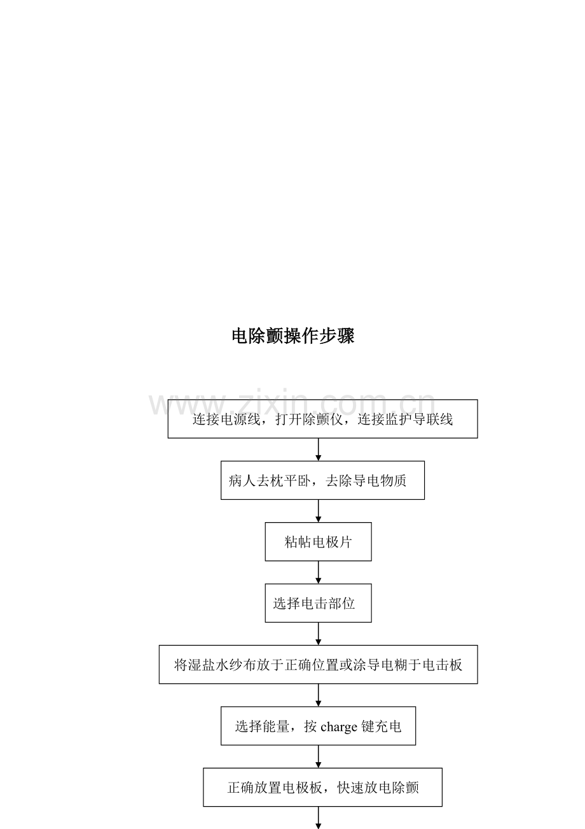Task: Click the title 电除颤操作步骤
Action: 293,336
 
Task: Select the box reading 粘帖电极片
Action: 318,542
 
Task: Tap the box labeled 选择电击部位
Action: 318,603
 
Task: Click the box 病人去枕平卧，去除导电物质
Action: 322,480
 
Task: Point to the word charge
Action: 339,727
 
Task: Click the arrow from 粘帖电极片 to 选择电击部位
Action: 318,572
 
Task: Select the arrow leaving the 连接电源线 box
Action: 318,450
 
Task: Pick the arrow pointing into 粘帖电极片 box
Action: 318,511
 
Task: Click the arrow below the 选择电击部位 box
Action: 318,634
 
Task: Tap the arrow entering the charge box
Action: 318,695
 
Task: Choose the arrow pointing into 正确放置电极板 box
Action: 318,756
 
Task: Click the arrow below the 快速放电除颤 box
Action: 318,818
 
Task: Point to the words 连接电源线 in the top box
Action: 226,420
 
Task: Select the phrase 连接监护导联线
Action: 405,420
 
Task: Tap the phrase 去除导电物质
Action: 366,481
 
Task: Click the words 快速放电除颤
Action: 378,788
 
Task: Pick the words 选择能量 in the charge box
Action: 262,726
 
